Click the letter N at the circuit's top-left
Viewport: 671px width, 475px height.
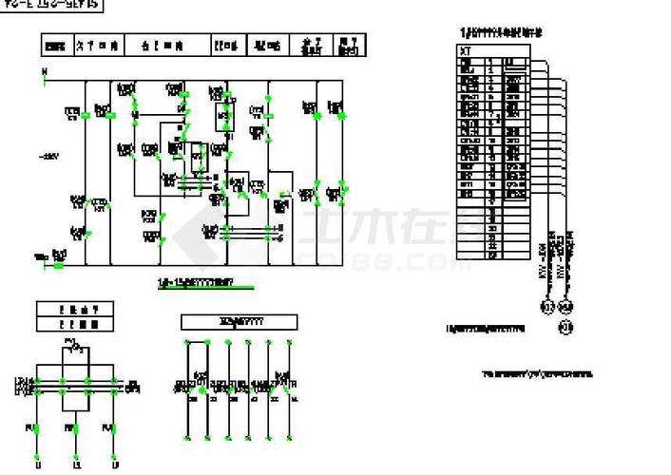(43, 71)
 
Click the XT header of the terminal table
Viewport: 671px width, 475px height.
(466, 51)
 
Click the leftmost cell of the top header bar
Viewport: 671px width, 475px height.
(56, 45)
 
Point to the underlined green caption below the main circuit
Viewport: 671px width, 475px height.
(194, 282)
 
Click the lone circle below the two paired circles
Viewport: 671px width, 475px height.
(565, 328)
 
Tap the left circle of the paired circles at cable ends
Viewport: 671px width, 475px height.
(547, 306)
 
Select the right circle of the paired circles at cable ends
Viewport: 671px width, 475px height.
(566, 306)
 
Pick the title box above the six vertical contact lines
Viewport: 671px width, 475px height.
(240, 323)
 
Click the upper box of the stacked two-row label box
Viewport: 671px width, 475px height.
(76, 310)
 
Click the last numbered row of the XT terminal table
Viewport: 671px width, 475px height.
(492, 255)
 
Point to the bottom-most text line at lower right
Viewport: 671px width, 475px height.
(536, 373)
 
